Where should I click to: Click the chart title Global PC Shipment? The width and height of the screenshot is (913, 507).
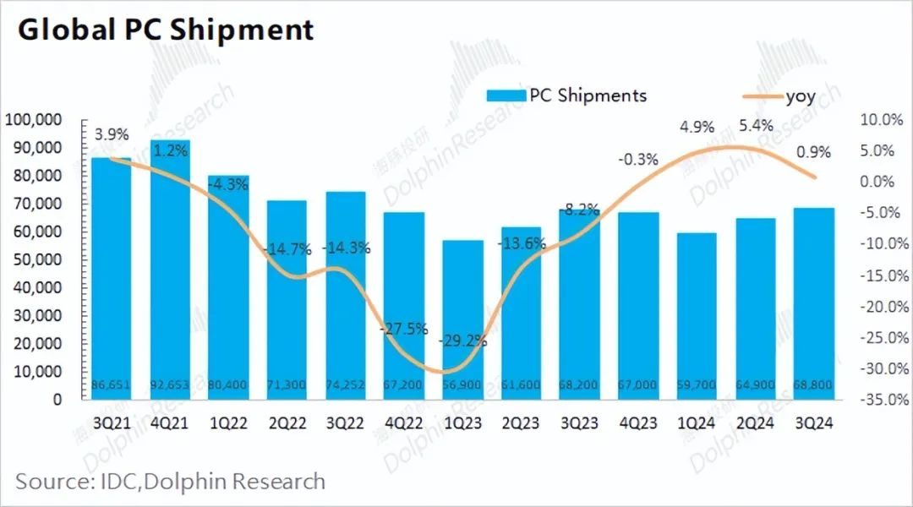166,30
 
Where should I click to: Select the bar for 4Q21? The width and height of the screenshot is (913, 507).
170,270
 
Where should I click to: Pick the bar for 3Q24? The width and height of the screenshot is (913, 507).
813,304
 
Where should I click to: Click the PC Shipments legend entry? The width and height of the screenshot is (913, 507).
566,95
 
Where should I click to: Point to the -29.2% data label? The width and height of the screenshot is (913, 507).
462,342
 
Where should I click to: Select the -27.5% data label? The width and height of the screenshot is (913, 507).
404,329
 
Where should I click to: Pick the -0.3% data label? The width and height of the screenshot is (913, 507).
637,158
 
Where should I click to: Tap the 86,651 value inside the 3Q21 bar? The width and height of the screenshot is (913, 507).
112,385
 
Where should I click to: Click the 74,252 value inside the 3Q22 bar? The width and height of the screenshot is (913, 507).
345,385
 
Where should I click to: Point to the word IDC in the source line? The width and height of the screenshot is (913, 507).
108,482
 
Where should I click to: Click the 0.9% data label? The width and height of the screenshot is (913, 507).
813,153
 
